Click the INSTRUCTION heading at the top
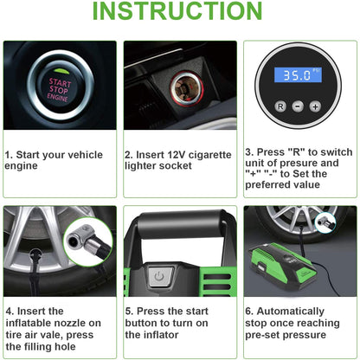tap(177, 10)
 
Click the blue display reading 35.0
tap(298, 74)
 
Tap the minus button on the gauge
tap(298, 106)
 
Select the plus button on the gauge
tap(315, 106)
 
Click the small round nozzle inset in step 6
tap(325, 222)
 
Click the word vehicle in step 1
tap(87, 155)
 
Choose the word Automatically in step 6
tap(291, 312)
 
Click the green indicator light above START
tap(61, 71)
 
